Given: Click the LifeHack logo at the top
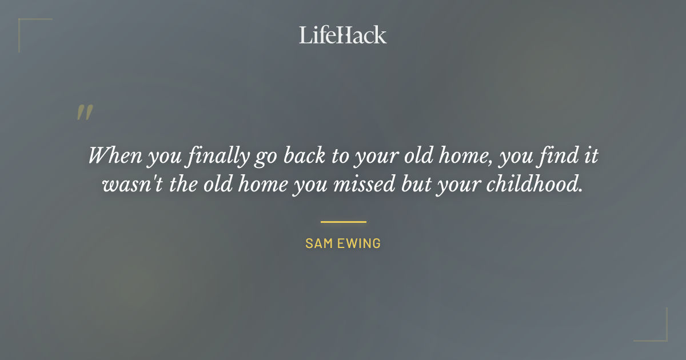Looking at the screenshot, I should pyautogui.click(x=343, y=35).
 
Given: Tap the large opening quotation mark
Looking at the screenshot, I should pyautogui.click(x=85, y=113).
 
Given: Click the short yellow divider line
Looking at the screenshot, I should pyautogui.click(x=343, y=222).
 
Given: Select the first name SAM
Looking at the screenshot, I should pyautogui.click(x=318, y=243).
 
